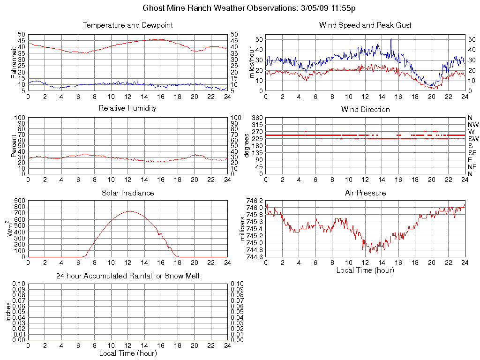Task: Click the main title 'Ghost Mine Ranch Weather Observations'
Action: coord(220,8)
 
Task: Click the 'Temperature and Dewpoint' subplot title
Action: coord(127,25)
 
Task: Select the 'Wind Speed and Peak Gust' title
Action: coord(365,25)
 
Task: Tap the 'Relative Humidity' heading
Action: coord(127,108)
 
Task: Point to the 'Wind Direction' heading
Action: coord(365,109)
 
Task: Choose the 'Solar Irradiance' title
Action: coord(127,193)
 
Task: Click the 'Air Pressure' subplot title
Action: coord(365,193)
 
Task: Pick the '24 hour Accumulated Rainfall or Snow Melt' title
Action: coord(127,276)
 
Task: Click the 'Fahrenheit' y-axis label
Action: coord(14,62)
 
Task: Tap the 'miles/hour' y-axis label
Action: coord(252,62)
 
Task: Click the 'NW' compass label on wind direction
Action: coord(473,125)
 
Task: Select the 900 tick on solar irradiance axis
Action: coord(19,200)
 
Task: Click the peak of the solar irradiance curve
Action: coord(129,211)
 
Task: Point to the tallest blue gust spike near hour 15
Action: coord(391,39)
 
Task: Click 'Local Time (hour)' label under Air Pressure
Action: coord(365,270)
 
